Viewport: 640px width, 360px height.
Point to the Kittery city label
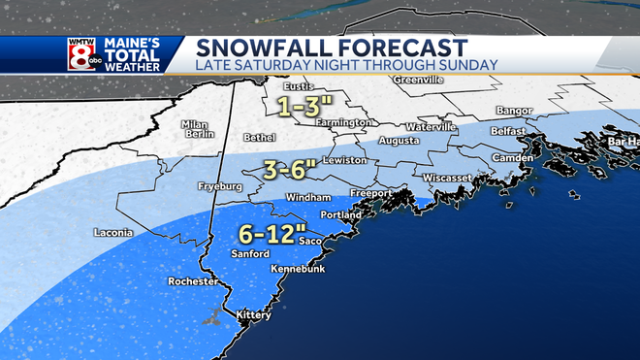coord(255,315)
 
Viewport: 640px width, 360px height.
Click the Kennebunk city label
coord(300,269)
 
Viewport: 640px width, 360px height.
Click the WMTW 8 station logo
coord(79,54)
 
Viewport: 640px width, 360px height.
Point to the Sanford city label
coord(250,253)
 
